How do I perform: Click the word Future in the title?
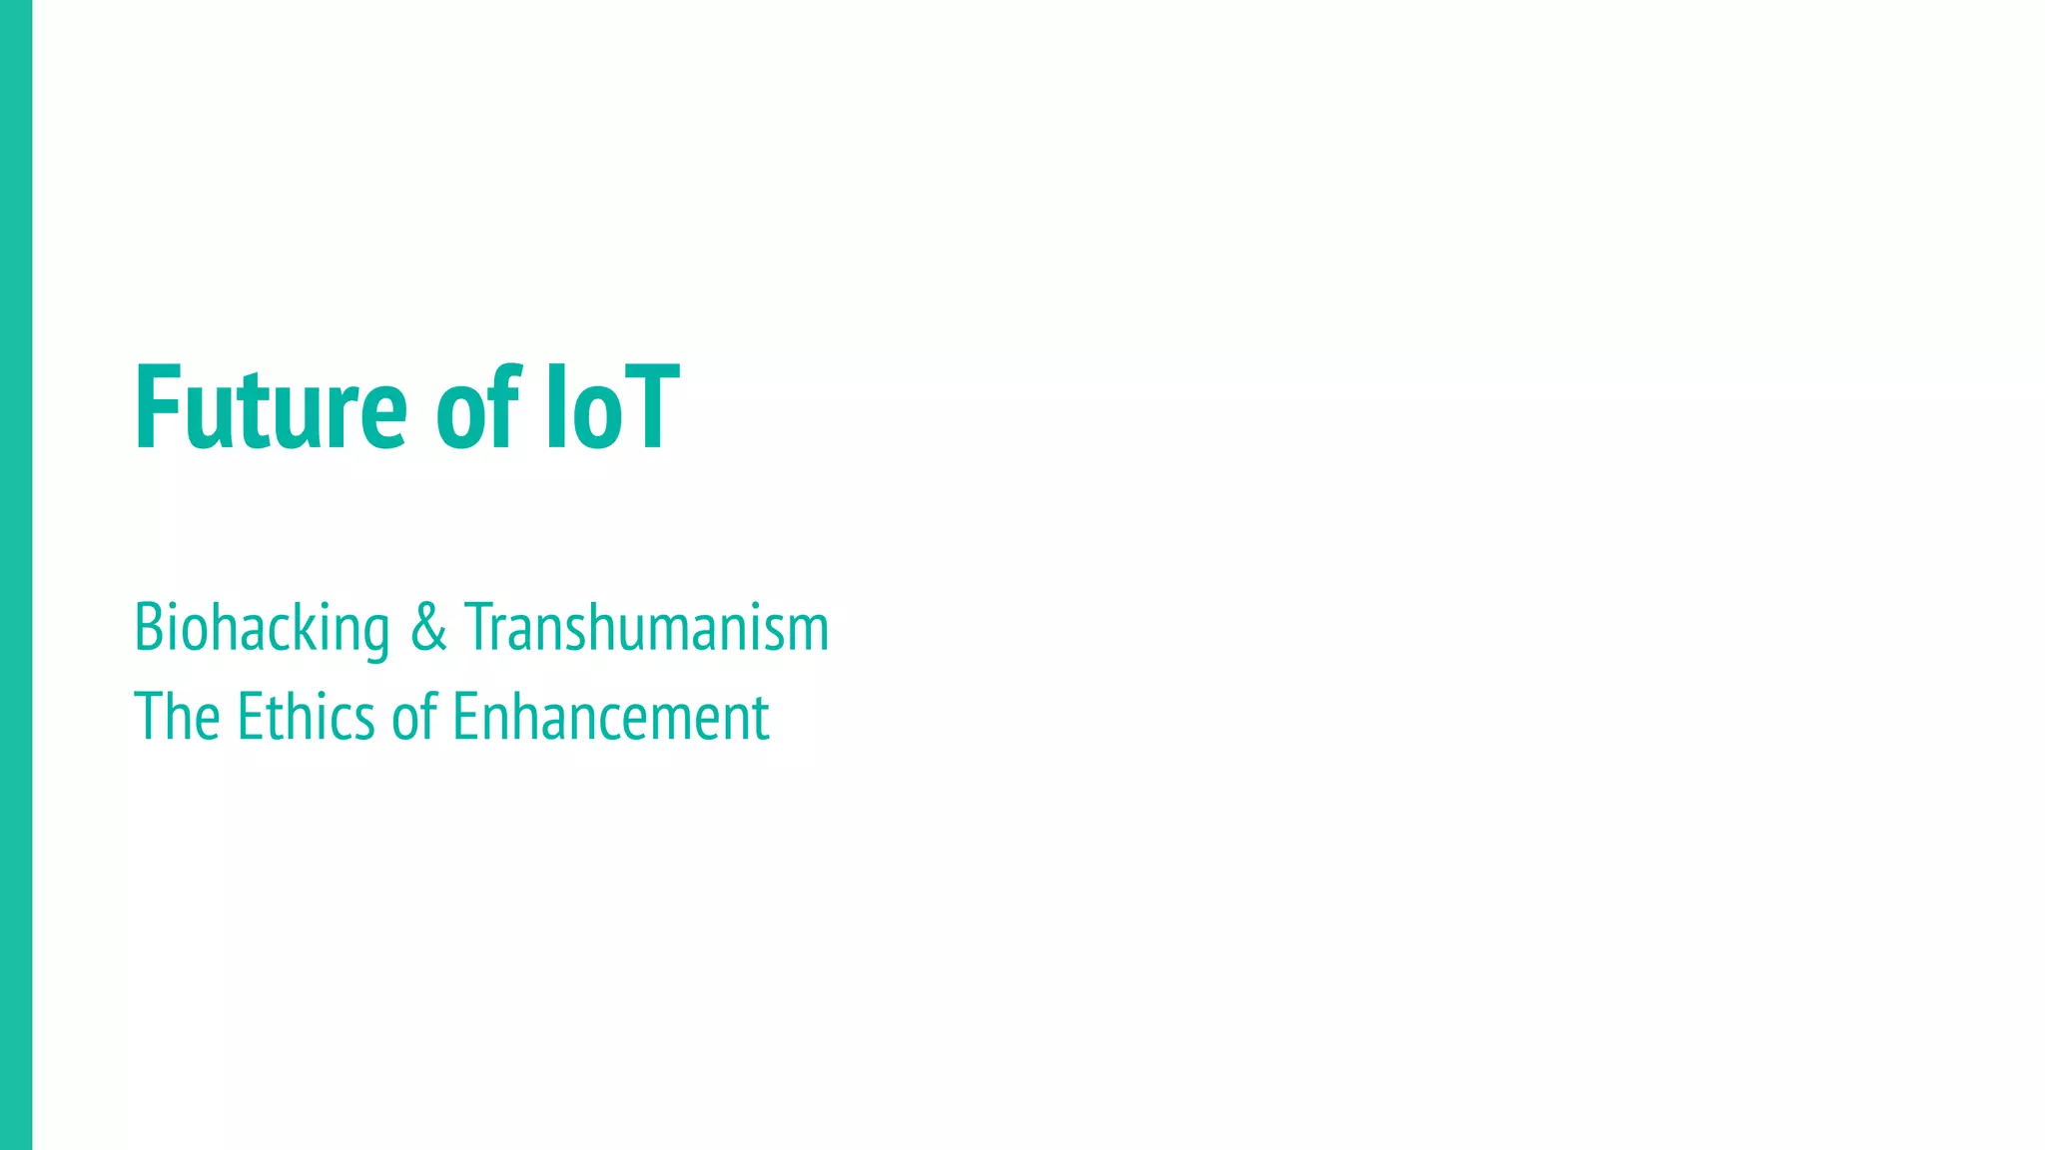pyautogui.click(x=271, y=408)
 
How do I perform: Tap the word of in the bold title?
pyautogui.click(x=478, y=408)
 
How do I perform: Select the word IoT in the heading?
pyautogui.click(x=612, y=408)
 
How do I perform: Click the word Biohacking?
pyautogui.click(x=262, y=629)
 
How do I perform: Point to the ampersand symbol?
pyautogui.click(x=428, y=629)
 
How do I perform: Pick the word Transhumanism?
pyautogui.click(x=646, y=629)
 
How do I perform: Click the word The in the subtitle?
pyautogui.click(x=177, y=717)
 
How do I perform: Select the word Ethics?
pyautogui.click(x=305, y=717)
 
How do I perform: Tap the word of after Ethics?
pyautogui.click(x=414, y=717)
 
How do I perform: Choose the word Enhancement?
pyautogui.click(x=611, y=717)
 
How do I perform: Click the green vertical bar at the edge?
pyautogui.click(x=16, y=575)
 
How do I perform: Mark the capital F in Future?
pyautogui.click(x=156, y=408)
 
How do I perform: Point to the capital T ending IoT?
pyautogui.click(x=652, y=408)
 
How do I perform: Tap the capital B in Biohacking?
pyautogui.click(x=149, y=629)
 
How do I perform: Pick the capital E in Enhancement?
pyautogui.click(x=465, y=717)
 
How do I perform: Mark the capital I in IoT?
pyautogui.click(x=555, y=408)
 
